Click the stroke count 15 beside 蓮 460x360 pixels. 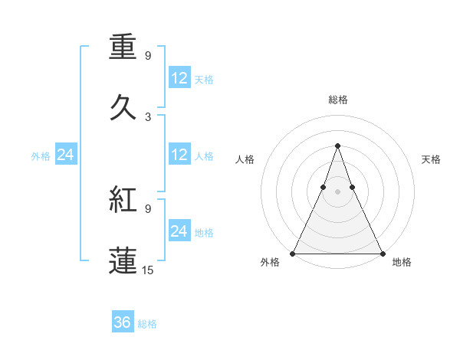(148, 270)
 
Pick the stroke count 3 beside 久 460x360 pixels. (148, 117)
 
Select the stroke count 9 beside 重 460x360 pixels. (148, 56)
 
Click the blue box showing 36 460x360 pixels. (123, 322)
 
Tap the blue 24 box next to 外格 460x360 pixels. (66, 155)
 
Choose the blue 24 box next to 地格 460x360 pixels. (179, 231)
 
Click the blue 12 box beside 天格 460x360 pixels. (179, 78)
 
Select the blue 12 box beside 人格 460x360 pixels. (179, 155)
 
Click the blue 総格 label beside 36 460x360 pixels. (147, 324)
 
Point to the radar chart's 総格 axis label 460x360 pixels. (338, 100)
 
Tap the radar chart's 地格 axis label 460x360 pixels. (402, 263)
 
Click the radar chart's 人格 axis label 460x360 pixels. (245, 159)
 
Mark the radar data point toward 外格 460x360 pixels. (294, 253)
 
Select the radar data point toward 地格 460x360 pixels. (382, 253)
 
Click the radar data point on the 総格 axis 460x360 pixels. (337, 146)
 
